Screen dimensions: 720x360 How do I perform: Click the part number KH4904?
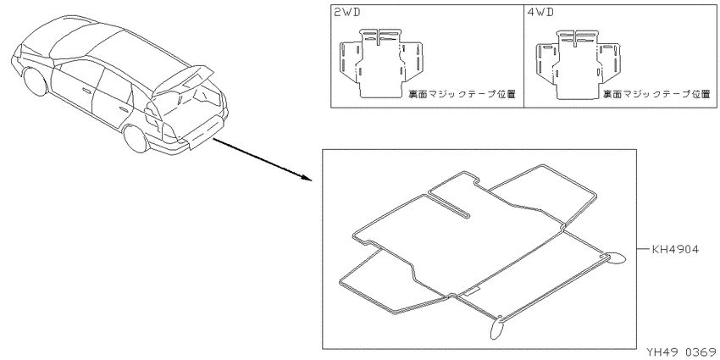click(675, 250)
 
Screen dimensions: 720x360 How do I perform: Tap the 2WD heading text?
click(346, 13)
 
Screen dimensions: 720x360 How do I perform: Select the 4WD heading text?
click(540, 13)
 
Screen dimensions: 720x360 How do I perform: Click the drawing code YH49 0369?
click(681, 352)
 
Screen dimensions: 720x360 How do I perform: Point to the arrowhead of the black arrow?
click(307, 177)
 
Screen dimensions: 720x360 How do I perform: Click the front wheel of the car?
click(36, 81)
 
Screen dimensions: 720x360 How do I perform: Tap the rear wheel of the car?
click(136, 138)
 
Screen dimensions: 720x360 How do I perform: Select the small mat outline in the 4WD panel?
click(578, 64)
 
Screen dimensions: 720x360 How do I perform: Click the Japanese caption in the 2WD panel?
click(462, 94)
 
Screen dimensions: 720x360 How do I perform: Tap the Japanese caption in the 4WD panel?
click(656, 94)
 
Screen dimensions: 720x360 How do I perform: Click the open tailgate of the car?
click(183, 80)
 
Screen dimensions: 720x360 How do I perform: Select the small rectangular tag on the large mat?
click(472, 291)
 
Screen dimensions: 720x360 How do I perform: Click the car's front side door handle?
click(85, 91)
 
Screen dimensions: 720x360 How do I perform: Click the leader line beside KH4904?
click(643, 250)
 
